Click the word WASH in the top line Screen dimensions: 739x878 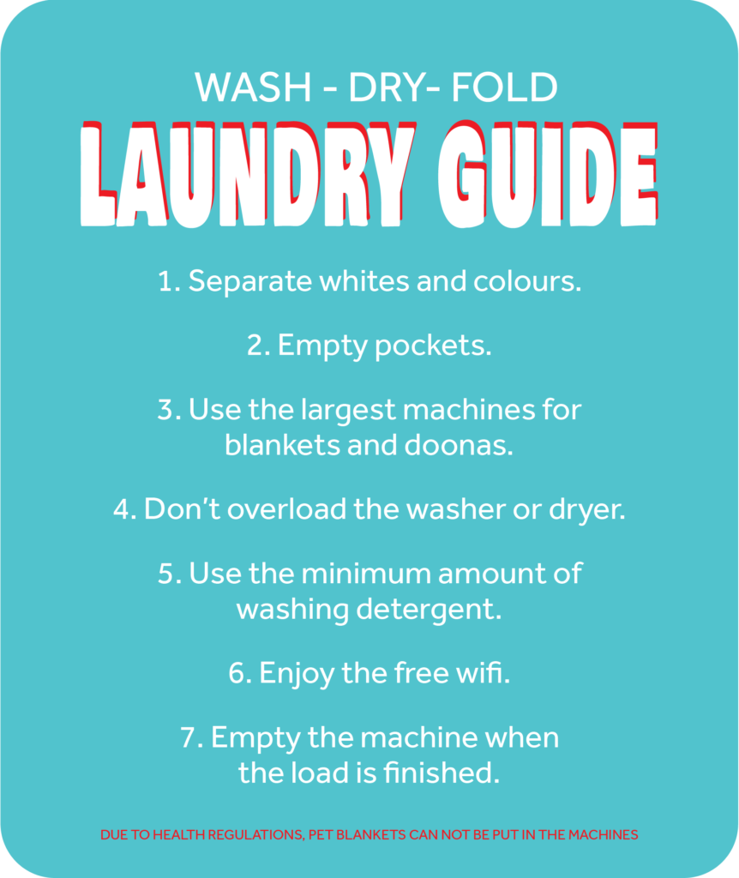(x=253, y=87)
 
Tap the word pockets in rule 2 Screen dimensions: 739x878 (x=433, y=346)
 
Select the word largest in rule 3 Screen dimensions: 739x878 (x=348, y=411)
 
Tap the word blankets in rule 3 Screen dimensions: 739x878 (x=282, y=445)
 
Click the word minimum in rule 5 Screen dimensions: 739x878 (x=366, y=574)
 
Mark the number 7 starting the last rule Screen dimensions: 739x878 (x=189, y=738)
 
